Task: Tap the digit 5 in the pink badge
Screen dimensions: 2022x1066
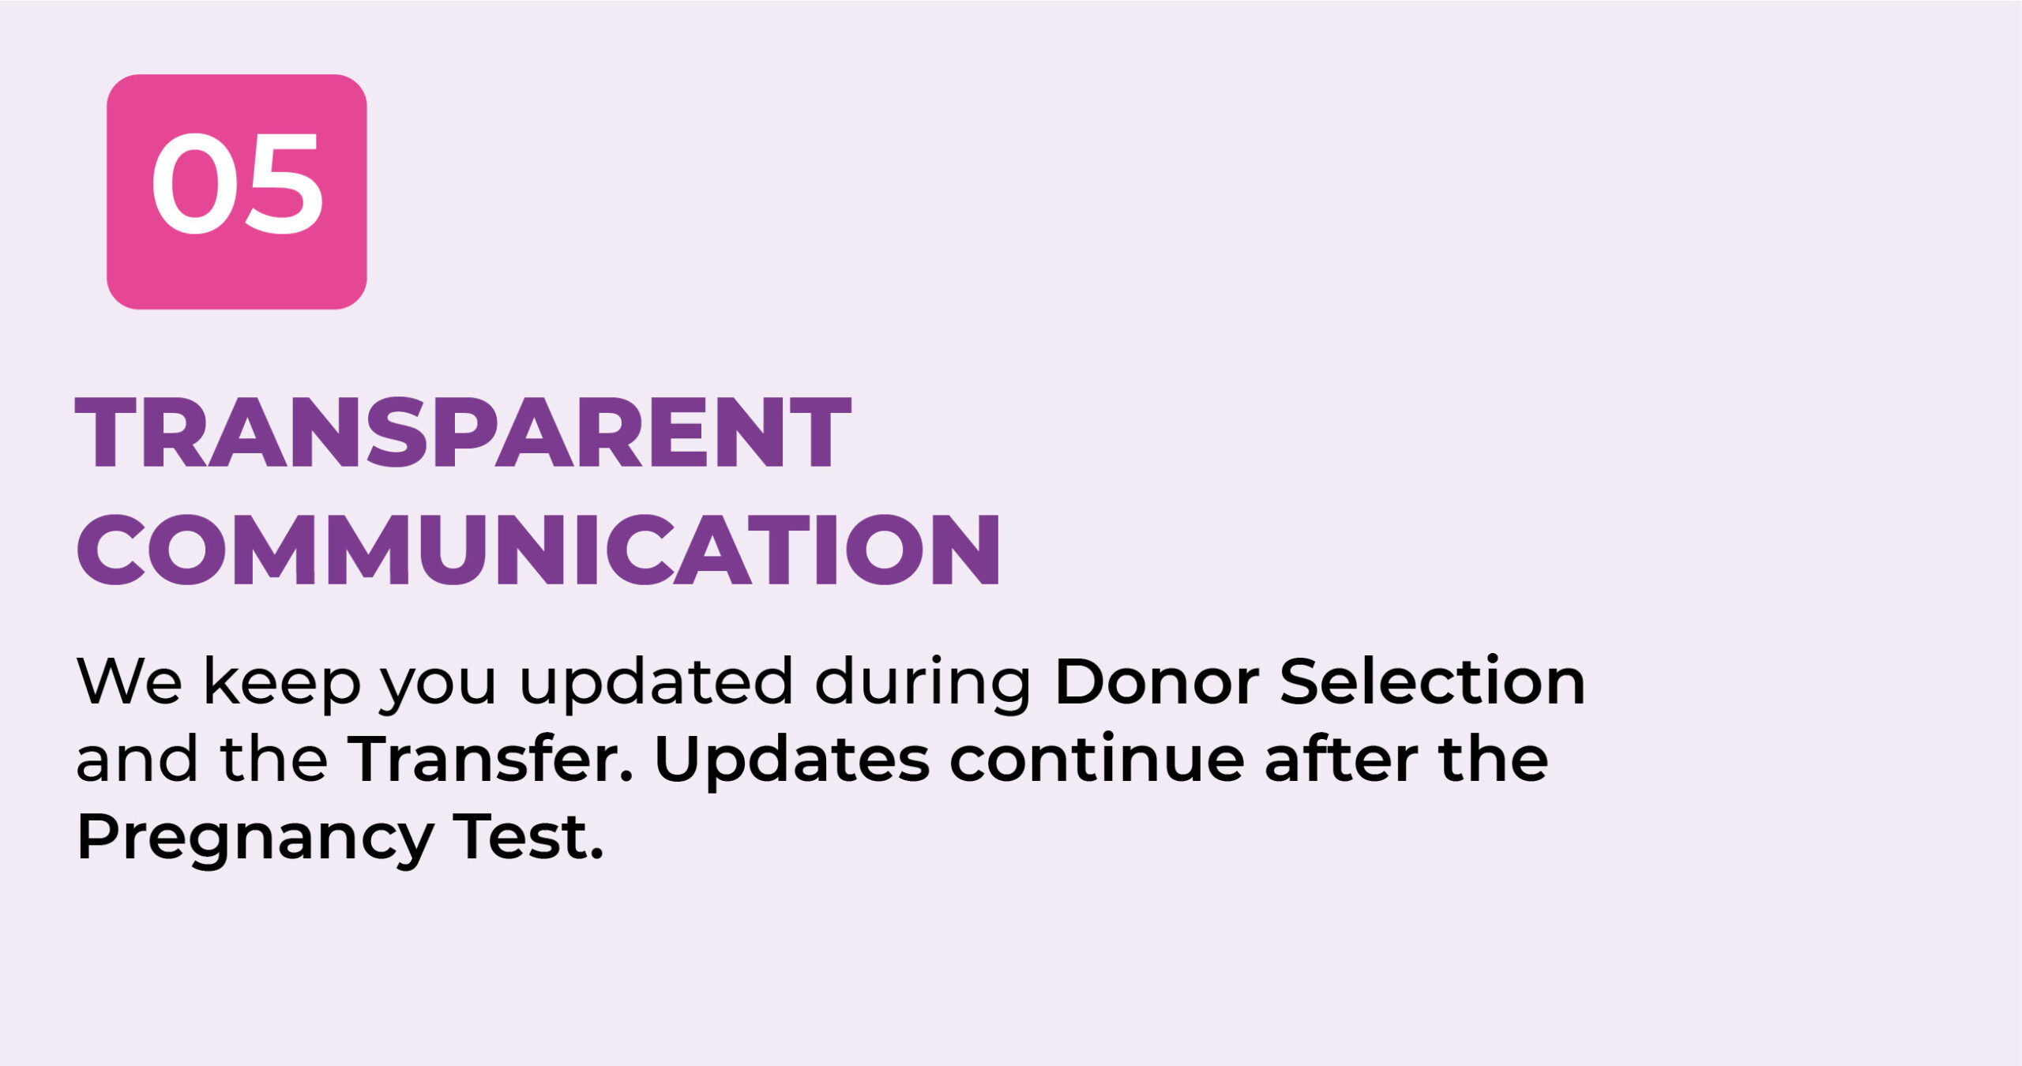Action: click(284, 184)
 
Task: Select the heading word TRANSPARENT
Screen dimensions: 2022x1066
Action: click(463, 433)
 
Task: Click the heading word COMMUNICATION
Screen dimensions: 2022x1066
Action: click(539, 549)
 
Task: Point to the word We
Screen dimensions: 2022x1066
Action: click(130, 681)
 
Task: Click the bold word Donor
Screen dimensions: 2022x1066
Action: click(1156, 680)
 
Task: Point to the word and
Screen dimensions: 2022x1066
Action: click(137, 757)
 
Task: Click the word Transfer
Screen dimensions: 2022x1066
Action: click(490, 757)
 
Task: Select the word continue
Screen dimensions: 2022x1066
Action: click(1096, 758)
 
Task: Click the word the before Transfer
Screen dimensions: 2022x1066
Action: click(274, 757)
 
